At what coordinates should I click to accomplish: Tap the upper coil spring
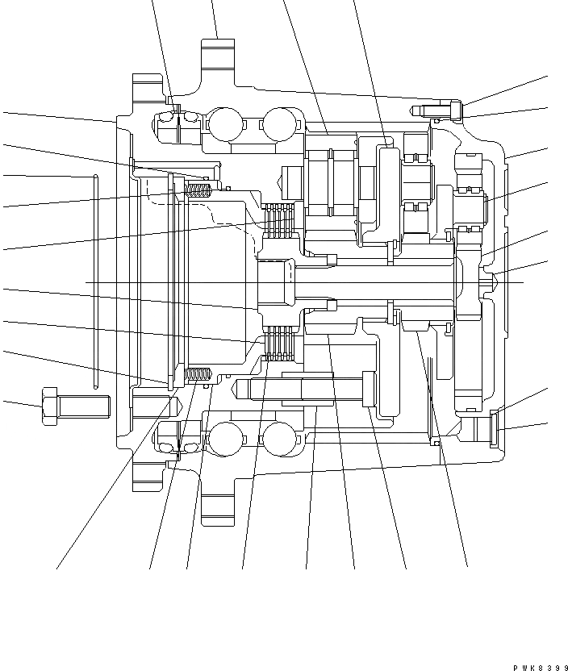point(198,190)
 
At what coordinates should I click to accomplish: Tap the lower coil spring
point(198,374)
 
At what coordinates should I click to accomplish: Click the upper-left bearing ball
point(223,124)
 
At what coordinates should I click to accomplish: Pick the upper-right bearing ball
point(278,124)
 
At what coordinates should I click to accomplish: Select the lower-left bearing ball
point(223,440)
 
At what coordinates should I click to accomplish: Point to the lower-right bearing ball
point(278,440)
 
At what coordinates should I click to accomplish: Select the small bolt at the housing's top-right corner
point(439,109)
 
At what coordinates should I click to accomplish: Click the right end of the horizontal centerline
point(523,282)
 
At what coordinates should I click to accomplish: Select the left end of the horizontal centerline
point(86,282)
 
